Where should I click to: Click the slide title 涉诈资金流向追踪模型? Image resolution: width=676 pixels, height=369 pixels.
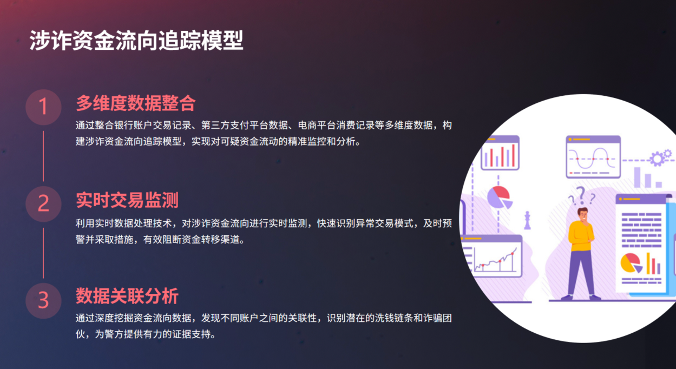click(x=136, y=40)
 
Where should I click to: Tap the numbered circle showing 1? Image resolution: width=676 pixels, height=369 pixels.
click(x=43, y=107)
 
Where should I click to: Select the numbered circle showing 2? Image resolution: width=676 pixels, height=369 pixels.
click(x=43, y=204)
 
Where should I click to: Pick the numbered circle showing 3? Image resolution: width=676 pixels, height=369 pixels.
click(x=43, y=301)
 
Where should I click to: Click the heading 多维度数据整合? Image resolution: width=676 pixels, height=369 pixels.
click(x=136, y=103)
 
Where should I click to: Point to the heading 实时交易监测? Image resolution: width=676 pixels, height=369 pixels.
click(x=127, y=200)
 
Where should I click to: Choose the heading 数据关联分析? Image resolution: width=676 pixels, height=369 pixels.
click(x=127, y=295)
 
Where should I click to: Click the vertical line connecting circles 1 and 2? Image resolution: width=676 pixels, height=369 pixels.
click(x=43, y=156)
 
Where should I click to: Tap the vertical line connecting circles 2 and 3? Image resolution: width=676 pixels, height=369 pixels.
click(x=43, y=253)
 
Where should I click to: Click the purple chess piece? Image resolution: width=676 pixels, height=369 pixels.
click(x=527, y=220)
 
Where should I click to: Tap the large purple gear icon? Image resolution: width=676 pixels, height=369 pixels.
click(x=657, y=159)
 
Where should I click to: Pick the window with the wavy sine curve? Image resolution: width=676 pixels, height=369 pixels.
click(x=593, y=157)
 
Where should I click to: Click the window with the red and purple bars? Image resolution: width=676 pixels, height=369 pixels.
click(x=500, y=153)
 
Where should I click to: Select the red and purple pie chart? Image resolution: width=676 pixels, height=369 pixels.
click(x=500, y=197)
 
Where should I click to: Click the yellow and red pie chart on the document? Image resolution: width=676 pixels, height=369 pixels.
click(x=631, y=263)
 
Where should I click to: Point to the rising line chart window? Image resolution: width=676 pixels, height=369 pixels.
click(x=493, y=256)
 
